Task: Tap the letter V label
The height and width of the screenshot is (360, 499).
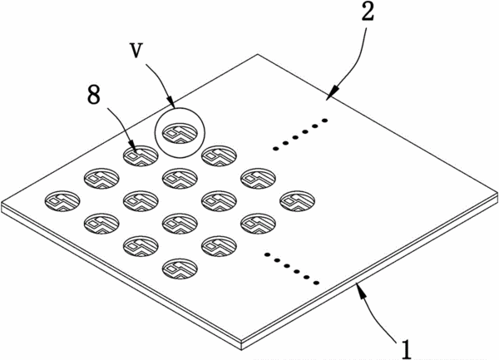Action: tap(136, 50)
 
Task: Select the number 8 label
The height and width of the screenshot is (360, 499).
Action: tap(94, 94)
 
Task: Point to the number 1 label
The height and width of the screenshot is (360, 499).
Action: tap(406, 349)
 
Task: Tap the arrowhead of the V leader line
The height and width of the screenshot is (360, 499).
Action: tap(170, 101)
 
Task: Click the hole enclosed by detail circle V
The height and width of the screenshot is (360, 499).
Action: tap(180, 133)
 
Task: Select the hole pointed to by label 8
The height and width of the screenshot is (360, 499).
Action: tap(141, 155)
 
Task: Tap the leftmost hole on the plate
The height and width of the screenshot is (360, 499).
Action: tap(62, 201)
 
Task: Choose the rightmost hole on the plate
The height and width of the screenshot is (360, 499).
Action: tap(297, 201)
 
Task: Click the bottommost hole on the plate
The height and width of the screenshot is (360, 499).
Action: tap(180, 269)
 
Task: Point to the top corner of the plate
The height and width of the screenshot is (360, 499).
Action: tap(258, 55)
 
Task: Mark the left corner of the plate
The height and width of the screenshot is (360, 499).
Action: tap(2, 203)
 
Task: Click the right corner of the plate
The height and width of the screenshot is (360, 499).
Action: tap(497, 193)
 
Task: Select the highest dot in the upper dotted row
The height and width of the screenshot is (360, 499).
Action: tap(324, 121)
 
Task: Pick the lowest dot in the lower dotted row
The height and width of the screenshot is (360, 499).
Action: tap(316, 283)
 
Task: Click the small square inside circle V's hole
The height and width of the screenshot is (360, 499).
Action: tap(172, 133)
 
